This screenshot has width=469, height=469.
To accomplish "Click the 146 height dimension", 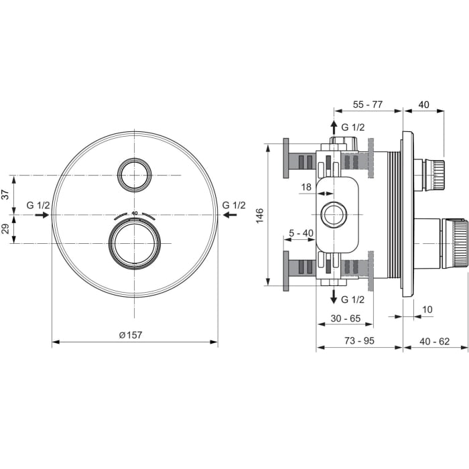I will click(x=260, y=215).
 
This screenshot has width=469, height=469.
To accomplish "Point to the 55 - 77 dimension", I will click(x=367, y=105).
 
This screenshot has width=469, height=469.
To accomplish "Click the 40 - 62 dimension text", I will click(x=435, y=341).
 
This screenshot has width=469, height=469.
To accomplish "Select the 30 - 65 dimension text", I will click(x=345, y=319).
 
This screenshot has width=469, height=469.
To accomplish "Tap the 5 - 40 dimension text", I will click(x=301, y=232).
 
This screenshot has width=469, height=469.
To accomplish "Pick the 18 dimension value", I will click(x=306, y=188).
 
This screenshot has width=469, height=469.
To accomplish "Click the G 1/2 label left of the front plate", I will click(x=38, y=205).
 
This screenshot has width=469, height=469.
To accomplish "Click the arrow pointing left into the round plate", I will click(x=228, y=215).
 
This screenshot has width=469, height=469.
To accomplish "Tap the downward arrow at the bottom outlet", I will click(x=333, y=297).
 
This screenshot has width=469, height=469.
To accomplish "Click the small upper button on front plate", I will click(x=135, y=176).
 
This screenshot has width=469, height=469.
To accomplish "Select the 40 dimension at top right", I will click(x=423, y=105).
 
